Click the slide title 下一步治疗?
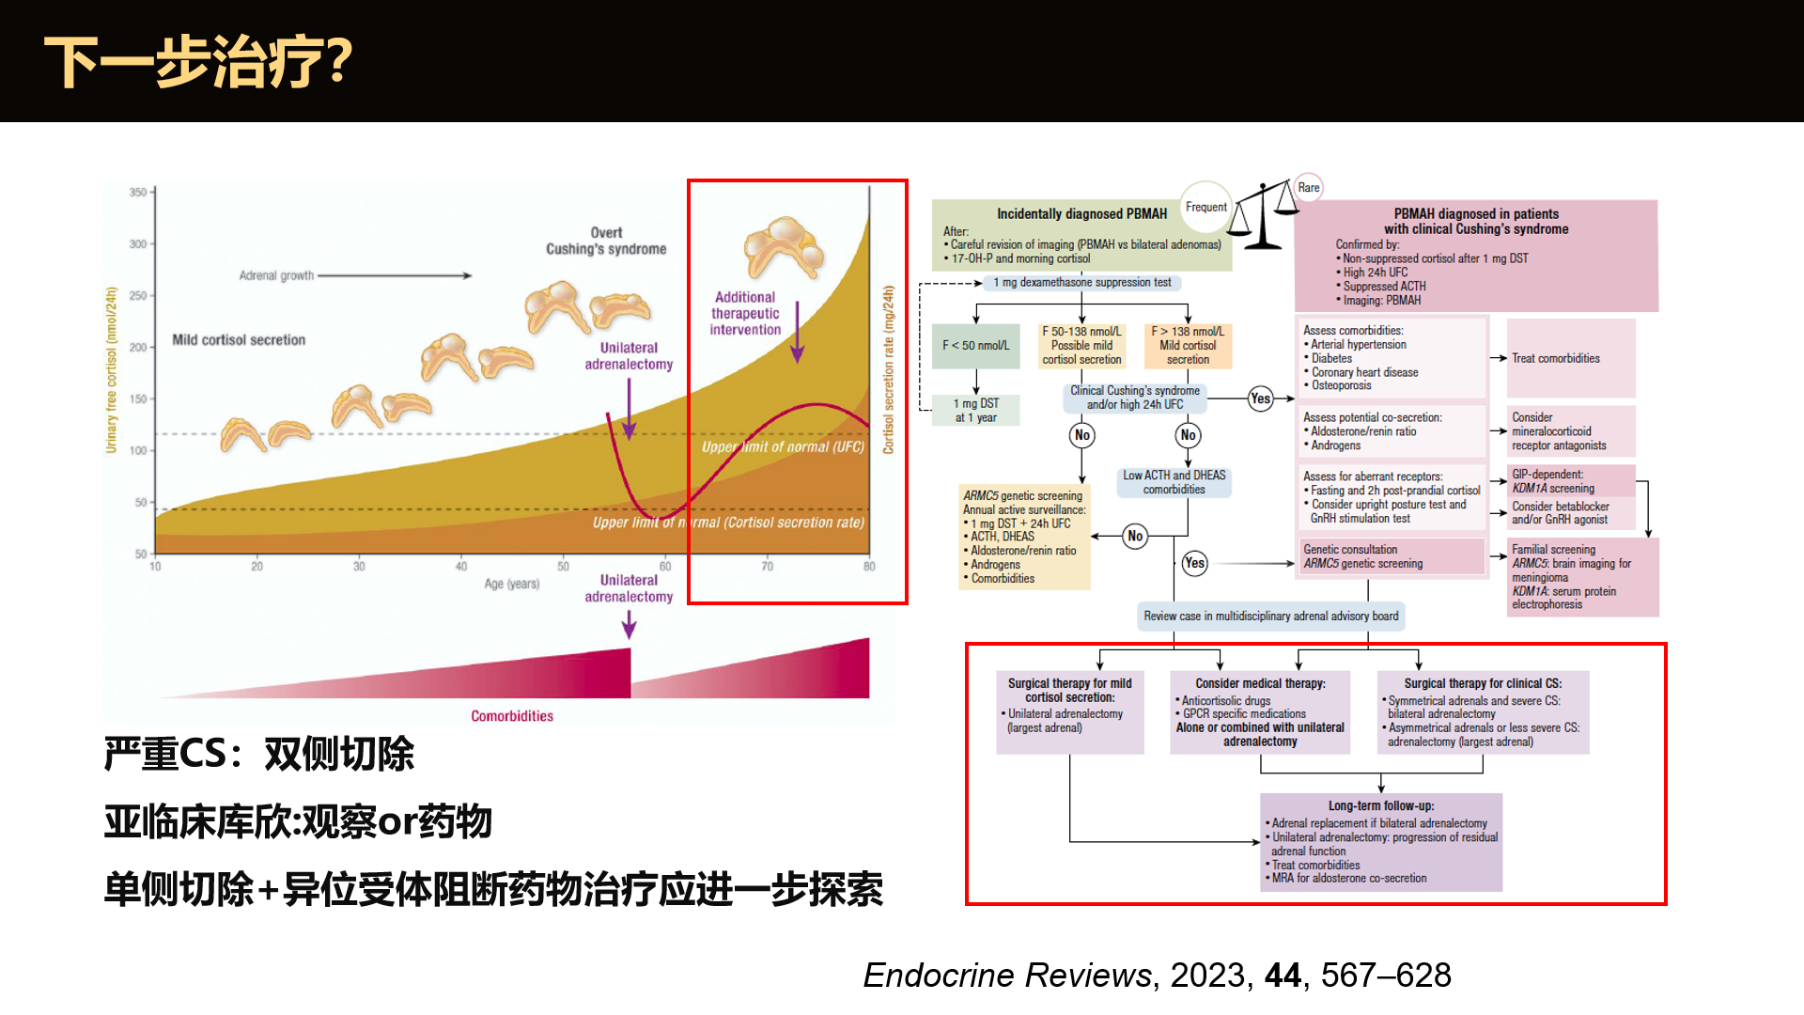pyautogui.click(x=198, y=62)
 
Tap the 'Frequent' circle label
pyautogui.click(x=1205, y=207)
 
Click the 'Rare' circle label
pyautogui.click(x=1308, y=188)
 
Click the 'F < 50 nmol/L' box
pyautogui.click(x=975, y=346)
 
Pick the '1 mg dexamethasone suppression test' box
pyautogui.click(x=1081, y=283)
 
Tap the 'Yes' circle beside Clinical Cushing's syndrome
pyautogui.click(x=1260, y=398)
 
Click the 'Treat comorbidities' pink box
pyautogui.click(x=1555, y=358)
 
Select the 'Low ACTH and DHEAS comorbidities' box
pyautogui.click(x=1174, y=482)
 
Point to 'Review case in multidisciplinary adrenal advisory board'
pyautogui.click(x=1270, y=617)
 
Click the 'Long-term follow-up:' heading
pyautogui.click(x=1380, y=806)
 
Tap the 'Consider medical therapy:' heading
pyautogui.click(x=1260, y=684)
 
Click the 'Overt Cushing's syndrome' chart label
pyautogui.click(x=606, y=241)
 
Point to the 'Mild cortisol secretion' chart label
pyautogui.click(x=239, y=340)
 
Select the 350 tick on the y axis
pyautogui.click(x=138, y=193)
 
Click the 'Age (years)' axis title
pyautogui.click(x=511, y=584)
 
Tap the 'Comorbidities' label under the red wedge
pyautogui.click(x=512, y=716)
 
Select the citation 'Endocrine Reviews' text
pyautogui.click(x=1007, y=976)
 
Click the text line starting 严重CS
pyautogui.click(x=258, y=754)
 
